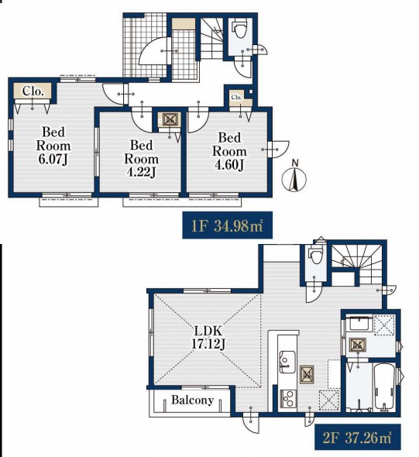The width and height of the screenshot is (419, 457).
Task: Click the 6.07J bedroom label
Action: pyautogui.click(x=53, y=146)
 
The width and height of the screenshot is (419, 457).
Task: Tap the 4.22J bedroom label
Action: pyautogui.click(x=141, y=159)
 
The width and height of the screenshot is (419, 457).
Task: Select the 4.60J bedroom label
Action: pyautogui.click(x=229, y=151)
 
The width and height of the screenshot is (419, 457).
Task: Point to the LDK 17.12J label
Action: pyautogui.click(x=208, y=338)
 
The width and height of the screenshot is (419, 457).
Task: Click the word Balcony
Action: pyautogui.click(x=192, y=400)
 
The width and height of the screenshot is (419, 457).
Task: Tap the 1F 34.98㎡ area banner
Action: pyautogui.click(x=228, y=225)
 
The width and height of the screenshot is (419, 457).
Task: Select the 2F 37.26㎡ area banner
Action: pyautogui.click(x=358, y=437)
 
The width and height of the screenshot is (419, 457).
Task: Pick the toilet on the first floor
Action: pyautogui.click(x=240, y=29)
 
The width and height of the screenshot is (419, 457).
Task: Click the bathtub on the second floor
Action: pyautogui.click(x=384, y=386)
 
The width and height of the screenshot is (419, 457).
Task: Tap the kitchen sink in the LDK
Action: pyautogui.click(x=287, y=362)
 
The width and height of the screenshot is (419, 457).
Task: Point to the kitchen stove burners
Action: pyautogui.click(x=288, y=399)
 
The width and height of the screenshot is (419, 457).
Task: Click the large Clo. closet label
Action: pyautogui.click(x=33, y=91)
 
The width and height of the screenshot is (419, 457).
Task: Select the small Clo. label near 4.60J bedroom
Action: pyautogui.click(x=236, y=97)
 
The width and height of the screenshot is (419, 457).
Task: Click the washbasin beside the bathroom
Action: pyautogui.click(x=361, y=323)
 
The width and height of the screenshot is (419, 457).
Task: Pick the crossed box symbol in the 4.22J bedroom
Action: pyautogui.click(x=170, y=119)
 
